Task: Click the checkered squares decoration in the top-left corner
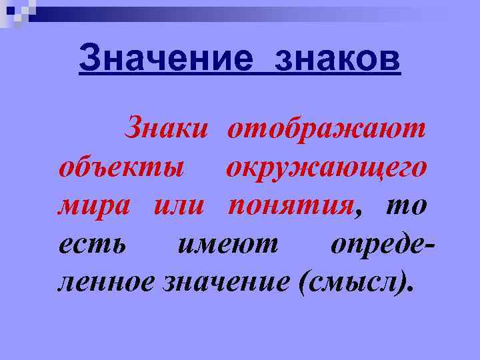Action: point(17,11)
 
